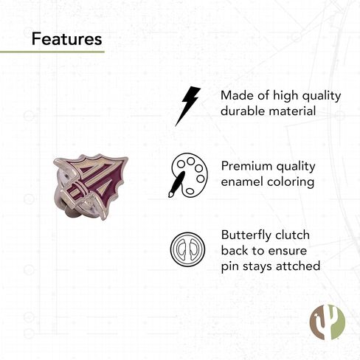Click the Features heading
click(x=66, y=39)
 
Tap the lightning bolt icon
click(x=187, y=106)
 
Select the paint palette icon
click(x=188, y=175)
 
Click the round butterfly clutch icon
click(x=187, y=249)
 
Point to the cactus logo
click(x=327, y=322)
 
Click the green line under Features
click(x=52, y=52)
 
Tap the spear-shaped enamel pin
click(x=91, y=187)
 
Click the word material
click(x=292, y=111)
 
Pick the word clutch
click(x=292, y=235)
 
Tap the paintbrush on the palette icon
click(x=176, y=184)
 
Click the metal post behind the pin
click(x=70, y=212)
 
